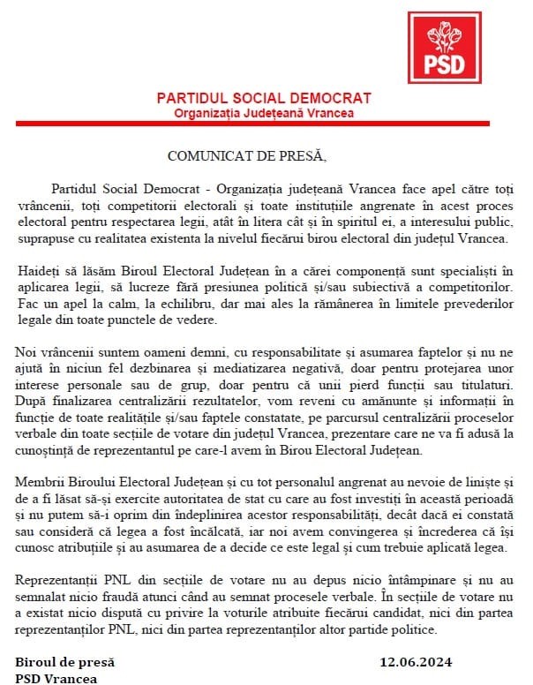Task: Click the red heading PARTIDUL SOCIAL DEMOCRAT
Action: pyautogui.click(x=263, y=98)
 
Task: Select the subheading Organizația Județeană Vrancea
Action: pyautogui.click(x=263, y=113)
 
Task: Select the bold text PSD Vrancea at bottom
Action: pyautogui.click(x=56, y=678)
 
